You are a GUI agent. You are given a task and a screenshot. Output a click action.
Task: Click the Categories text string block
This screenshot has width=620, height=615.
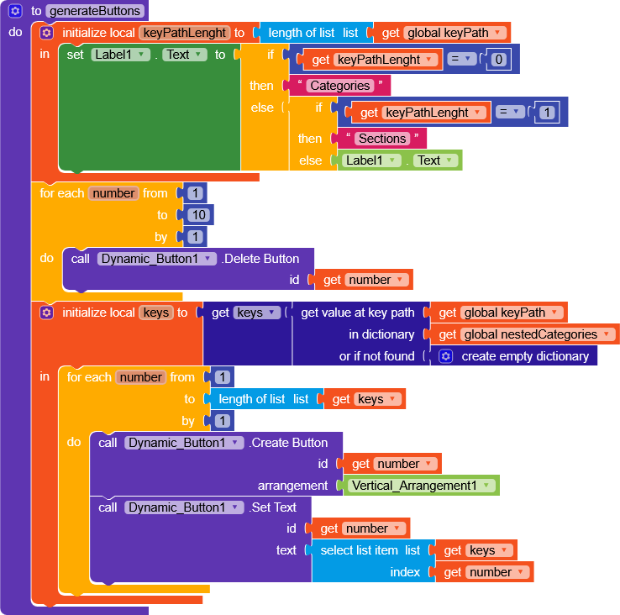click(339, 86)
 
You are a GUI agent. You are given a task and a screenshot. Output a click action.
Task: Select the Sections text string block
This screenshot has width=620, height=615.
click(382, 139)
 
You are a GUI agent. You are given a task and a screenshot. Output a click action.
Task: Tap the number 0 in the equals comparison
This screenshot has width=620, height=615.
click(498, 60)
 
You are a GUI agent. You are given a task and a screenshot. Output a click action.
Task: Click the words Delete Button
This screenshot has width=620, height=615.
click(260, 259)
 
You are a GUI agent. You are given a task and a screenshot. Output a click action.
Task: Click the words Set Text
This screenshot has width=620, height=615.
click(272, 507)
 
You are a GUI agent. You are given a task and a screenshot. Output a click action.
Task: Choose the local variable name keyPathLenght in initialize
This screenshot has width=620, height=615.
click(184, 33)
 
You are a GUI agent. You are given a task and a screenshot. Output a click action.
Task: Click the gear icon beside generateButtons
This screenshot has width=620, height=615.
click(14, 12)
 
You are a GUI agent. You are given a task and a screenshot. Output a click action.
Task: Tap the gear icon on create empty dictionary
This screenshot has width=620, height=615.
click(446, 356)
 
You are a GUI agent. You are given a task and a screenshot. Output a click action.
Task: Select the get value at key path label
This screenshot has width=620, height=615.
click(357, 313)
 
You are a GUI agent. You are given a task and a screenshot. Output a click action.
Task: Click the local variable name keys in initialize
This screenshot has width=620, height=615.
click(156, 313)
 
